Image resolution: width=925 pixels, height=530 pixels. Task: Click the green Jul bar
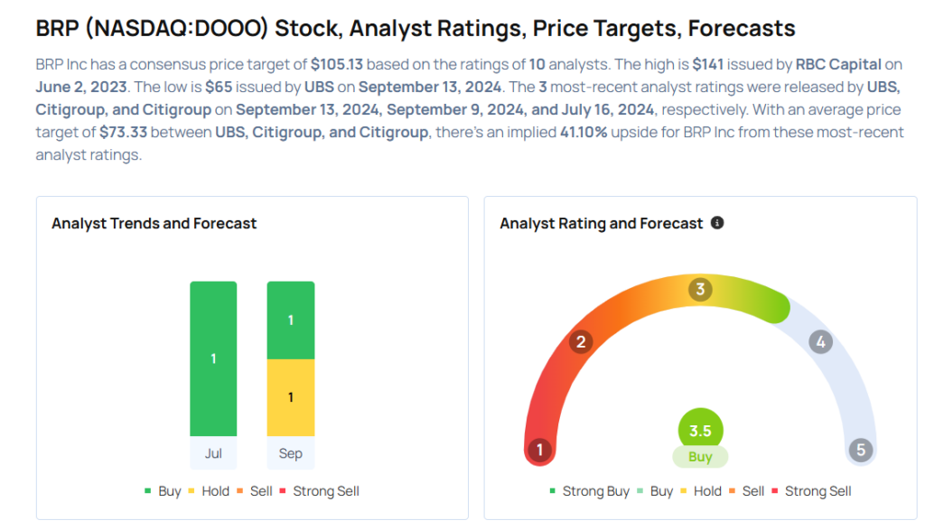tap(213, 358)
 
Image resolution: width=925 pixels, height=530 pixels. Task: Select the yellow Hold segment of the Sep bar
tap(291, 397)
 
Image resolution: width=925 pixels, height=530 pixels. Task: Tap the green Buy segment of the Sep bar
tap(291, 321)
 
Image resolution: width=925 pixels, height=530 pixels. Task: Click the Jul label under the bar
tap(213, 453)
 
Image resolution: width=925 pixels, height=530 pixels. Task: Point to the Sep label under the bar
tap(291, 453)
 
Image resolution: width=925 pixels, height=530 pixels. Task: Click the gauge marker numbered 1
tap(540, 451)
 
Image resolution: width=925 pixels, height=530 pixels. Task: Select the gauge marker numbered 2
tap(582, 341)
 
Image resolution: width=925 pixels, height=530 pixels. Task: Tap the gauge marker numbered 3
tap(700, 290)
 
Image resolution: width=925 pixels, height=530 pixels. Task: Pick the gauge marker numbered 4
tap(820, 342)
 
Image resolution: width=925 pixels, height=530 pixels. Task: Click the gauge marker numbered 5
tap(861, 451)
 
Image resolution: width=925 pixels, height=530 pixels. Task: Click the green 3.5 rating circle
tap(700, 431)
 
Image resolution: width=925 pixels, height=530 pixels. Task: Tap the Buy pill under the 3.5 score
tap(700, 457)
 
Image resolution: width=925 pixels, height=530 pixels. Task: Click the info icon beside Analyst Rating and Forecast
tap(717, 222)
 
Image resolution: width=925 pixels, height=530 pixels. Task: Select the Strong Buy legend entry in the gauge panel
tap(589, 491)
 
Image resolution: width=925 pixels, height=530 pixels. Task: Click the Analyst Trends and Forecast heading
tap(154, 223)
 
